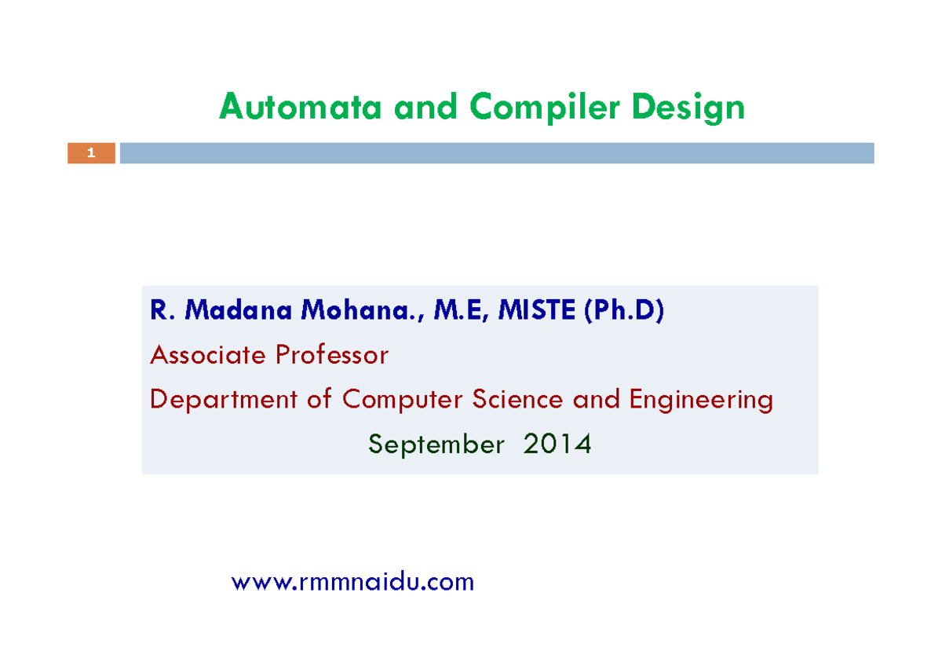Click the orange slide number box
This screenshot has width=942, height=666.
pos(91,153)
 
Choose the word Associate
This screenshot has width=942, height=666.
pos(207,356)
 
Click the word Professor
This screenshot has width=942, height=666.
pos(331,356)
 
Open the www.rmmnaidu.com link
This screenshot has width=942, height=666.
pos(353,582)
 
